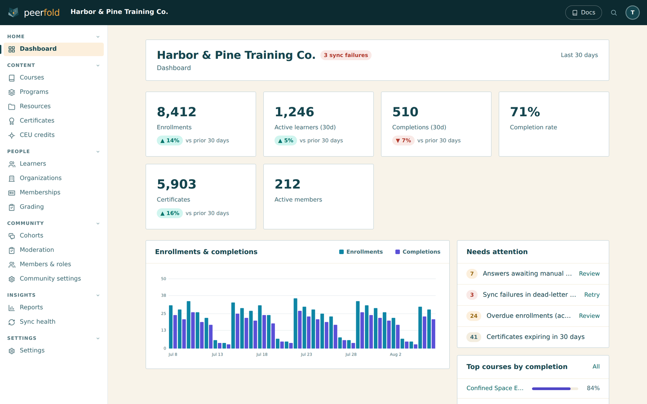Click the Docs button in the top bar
[583, 13]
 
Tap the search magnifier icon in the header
[614, 13]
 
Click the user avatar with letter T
[632, 13]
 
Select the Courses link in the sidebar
[32, 77]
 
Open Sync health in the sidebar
[38, 321]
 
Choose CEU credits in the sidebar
[37, 135]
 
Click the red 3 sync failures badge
[346, 55]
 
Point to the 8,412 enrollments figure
[177, 112]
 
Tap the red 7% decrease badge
[403, 141]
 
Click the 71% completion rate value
[525, 112]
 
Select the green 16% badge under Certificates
[169, 213]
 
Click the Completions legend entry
[418, 252]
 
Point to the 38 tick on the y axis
[164, 295]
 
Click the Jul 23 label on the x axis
[306, 354]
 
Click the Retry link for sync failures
[592, 294]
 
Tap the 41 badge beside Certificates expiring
[474, 337]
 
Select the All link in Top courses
[596, 366]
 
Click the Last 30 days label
[579, 55]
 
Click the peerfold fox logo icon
[13, 13]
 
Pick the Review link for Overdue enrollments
[589, 316]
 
